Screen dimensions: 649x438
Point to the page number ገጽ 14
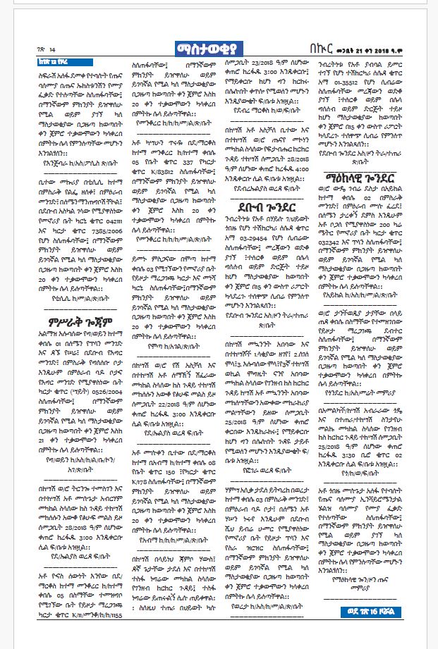pyautogui.click(x=44, y=49)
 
